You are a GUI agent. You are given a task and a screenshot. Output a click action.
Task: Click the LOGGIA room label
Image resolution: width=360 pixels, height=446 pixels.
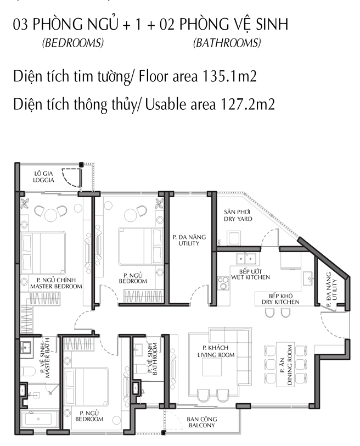pos(43,180)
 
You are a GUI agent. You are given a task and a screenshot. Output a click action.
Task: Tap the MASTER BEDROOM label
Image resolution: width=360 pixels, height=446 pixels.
pos(56,286)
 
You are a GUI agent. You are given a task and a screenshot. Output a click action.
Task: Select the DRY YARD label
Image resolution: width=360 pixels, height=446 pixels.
pos(238,219)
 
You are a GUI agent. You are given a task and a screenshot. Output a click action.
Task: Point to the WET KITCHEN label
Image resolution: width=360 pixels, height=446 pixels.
pos(250,277)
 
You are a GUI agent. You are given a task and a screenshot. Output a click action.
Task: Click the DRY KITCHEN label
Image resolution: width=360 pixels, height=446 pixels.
pos(280,302)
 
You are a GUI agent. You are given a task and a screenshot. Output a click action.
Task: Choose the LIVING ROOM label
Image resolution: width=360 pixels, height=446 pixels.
pos(216,355)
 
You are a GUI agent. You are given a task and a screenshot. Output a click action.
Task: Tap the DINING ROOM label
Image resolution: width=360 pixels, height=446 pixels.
pos(290,365)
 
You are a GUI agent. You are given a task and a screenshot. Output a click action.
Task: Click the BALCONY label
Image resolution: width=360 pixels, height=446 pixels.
pos(201,426)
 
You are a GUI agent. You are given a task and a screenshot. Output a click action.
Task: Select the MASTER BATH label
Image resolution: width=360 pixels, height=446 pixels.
pos(47,358)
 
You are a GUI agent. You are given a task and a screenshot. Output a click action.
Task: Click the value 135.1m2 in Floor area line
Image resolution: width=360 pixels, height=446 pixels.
pos(229,76)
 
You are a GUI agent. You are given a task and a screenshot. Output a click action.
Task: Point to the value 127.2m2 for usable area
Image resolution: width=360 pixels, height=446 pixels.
pos(248,104)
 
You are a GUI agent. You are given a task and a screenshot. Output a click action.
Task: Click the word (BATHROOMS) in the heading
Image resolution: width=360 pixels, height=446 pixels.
pos(227,43)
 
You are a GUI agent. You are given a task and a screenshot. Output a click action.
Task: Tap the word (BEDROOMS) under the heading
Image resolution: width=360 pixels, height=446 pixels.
pos(73,43)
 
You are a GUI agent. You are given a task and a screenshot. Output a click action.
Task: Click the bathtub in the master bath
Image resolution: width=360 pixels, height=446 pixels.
pos(39,419)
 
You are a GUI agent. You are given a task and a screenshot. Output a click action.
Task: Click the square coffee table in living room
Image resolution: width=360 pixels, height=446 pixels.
pos(212,367)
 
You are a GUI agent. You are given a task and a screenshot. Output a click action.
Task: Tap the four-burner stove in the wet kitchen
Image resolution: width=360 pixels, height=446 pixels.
pos(223,283)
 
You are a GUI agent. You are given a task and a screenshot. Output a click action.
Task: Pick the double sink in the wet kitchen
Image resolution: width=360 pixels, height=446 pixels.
pos(246,259)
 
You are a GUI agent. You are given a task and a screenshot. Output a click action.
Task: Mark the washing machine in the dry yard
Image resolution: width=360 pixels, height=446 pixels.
pos(234,238)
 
